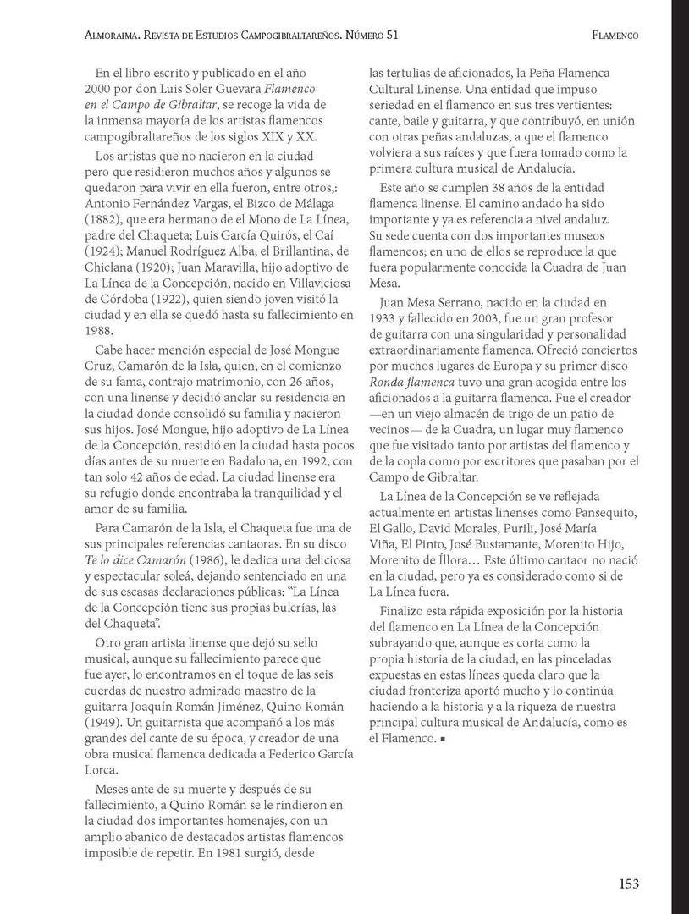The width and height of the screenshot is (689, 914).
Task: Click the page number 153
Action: point(627,884)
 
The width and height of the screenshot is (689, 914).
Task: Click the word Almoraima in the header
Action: point(119,36)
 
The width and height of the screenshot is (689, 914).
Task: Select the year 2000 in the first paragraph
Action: point(100,89)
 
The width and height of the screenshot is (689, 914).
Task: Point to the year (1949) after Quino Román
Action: point(103,722)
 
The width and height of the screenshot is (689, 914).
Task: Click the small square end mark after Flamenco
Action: point(442,740)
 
